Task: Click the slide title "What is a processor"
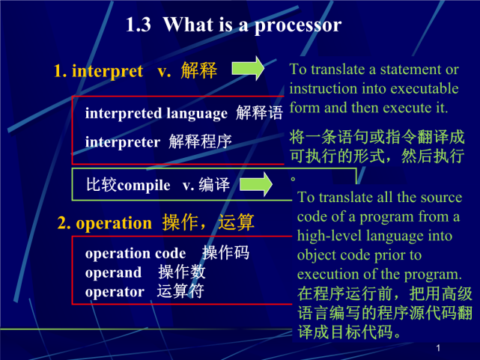(x=252, y=25)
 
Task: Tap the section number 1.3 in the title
(x=139, y=25)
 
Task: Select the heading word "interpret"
(x=106, y=71)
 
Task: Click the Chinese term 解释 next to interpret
(x=199, y=71)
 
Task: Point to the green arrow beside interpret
(x=247, y=68)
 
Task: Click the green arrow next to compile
(x=256, y=183)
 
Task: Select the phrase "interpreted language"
(x=156, y=114)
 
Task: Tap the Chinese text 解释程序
(x=200, y=141)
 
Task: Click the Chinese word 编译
(x=213, y=185)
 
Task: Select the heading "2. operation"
(x=104, y=223)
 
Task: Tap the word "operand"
(x=113, y=272)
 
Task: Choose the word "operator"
(x=115, y=292)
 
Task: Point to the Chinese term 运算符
(x=180, y=292)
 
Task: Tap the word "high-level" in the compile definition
(x=330, y=236)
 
